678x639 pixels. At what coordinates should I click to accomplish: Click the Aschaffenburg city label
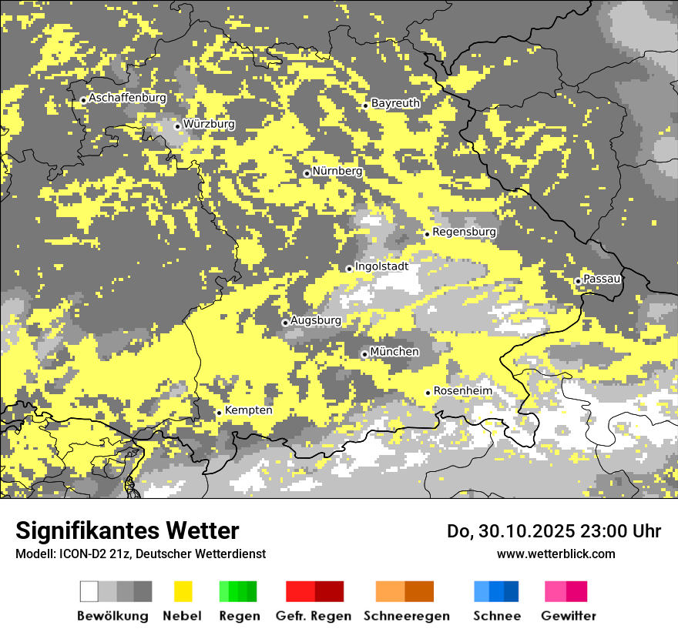127,98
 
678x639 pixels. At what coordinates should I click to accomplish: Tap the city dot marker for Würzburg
177,126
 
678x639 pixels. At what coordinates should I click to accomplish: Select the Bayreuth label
395,103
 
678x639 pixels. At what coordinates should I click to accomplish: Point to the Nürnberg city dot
307,173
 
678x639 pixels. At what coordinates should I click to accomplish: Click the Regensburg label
464,232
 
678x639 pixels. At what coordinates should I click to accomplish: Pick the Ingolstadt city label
381,266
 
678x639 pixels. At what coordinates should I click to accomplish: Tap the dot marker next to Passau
578,281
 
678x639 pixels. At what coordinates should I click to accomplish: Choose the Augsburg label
315,320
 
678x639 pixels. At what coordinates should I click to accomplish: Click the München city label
394,352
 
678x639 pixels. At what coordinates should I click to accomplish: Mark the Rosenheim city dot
428,393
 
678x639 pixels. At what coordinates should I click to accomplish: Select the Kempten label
248,410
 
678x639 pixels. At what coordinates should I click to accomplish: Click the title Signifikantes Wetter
127,531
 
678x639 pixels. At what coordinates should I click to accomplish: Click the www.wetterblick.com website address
555,554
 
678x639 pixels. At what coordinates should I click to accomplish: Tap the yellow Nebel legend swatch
183,591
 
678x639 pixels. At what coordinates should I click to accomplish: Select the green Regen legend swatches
238,591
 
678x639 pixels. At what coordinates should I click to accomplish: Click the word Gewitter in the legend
568,616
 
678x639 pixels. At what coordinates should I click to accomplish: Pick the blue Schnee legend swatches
495,591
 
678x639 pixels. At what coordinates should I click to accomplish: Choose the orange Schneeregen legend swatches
404,591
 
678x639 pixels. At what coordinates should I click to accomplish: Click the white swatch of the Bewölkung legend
89,591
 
